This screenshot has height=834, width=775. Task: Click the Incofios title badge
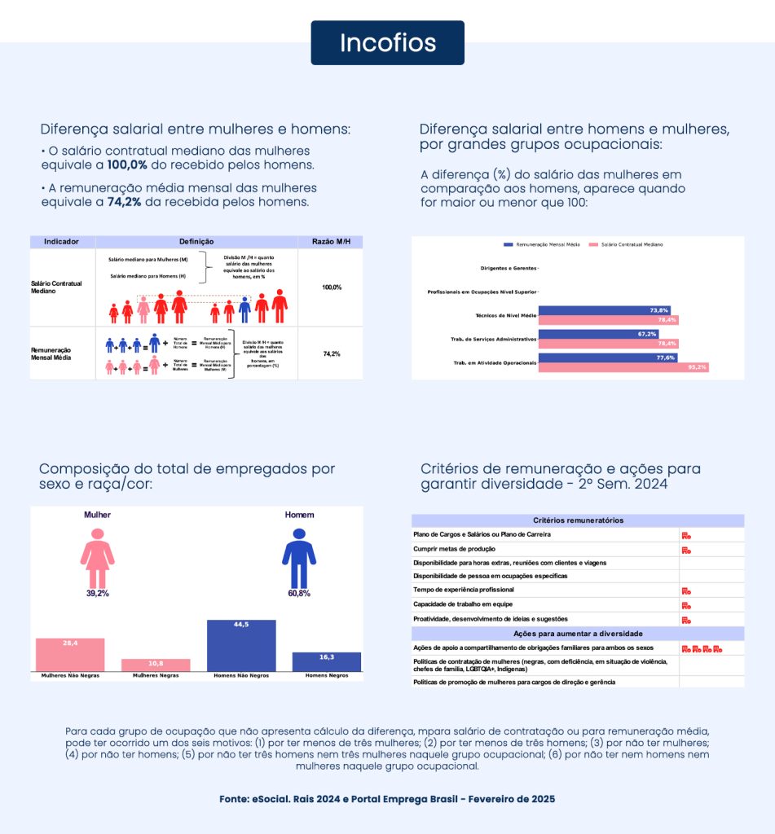(387, 42)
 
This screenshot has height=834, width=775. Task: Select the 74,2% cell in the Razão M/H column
(331, 354)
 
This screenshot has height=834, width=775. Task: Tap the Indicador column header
(61, 242)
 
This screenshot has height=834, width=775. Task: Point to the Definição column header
(196, 242)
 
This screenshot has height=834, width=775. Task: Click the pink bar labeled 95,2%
(623, 367)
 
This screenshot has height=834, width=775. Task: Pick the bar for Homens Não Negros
(241, 645)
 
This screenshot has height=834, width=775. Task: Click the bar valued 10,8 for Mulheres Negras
(156, 665)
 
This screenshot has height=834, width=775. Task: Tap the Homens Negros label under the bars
(326, 676)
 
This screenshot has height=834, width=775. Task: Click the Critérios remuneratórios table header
(578, 520)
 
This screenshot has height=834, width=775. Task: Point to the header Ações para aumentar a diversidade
(578, 634)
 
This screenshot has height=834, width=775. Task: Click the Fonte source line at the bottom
(387, 799)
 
